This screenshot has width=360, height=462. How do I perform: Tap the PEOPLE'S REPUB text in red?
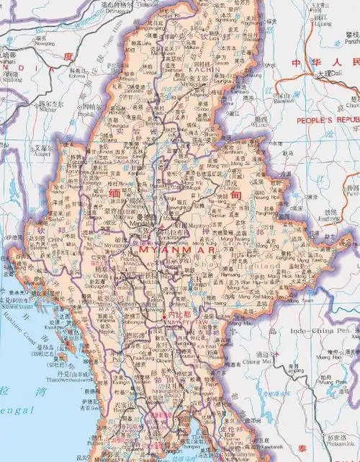328,118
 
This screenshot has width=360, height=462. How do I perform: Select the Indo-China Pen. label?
324,329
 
